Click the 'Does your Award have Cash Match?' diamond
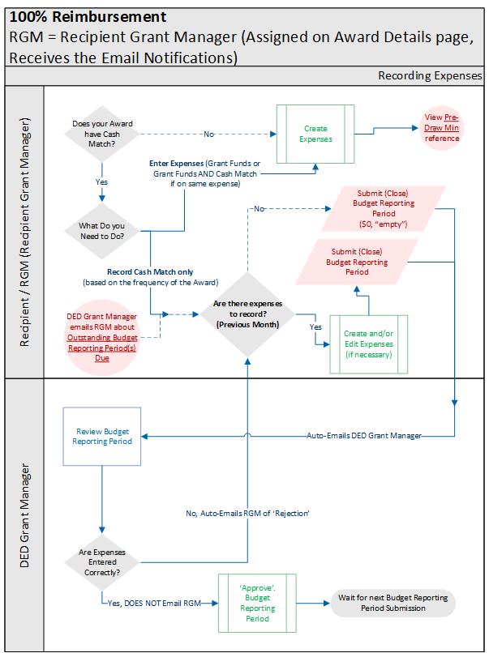point(102,134)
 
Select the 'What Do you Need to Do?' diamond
point(102,231)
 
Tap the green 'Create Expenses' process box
point(315,134)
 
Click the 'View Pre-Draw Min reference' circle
point(441,128)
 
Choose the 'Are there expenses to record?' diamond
point(247,314)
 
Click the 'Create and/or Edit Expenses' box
point(368,344)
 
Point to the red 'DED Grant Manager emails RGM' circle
point(102,337)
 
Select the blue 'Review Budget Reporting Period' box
point(102,437)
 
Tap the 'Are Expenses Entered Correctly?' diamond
point(102,562)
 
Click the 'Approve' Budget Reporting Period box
point(257,603)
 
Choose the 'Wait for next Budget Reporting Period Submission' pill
point(393,603)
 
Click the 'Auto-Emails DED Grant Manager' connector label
point(364,436)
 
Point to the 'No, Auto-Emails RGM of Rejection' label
point(247,514)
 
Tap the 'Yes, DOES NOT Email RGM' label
point(154,603)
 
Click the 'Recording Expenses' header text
point(430,76)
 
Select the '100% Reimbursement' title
point(88,17)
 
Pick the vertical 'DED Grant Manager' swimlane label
point(24,515)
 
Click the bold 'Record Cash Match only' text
point(150,272)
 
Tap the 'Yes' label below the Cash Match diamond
point(101,182)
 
